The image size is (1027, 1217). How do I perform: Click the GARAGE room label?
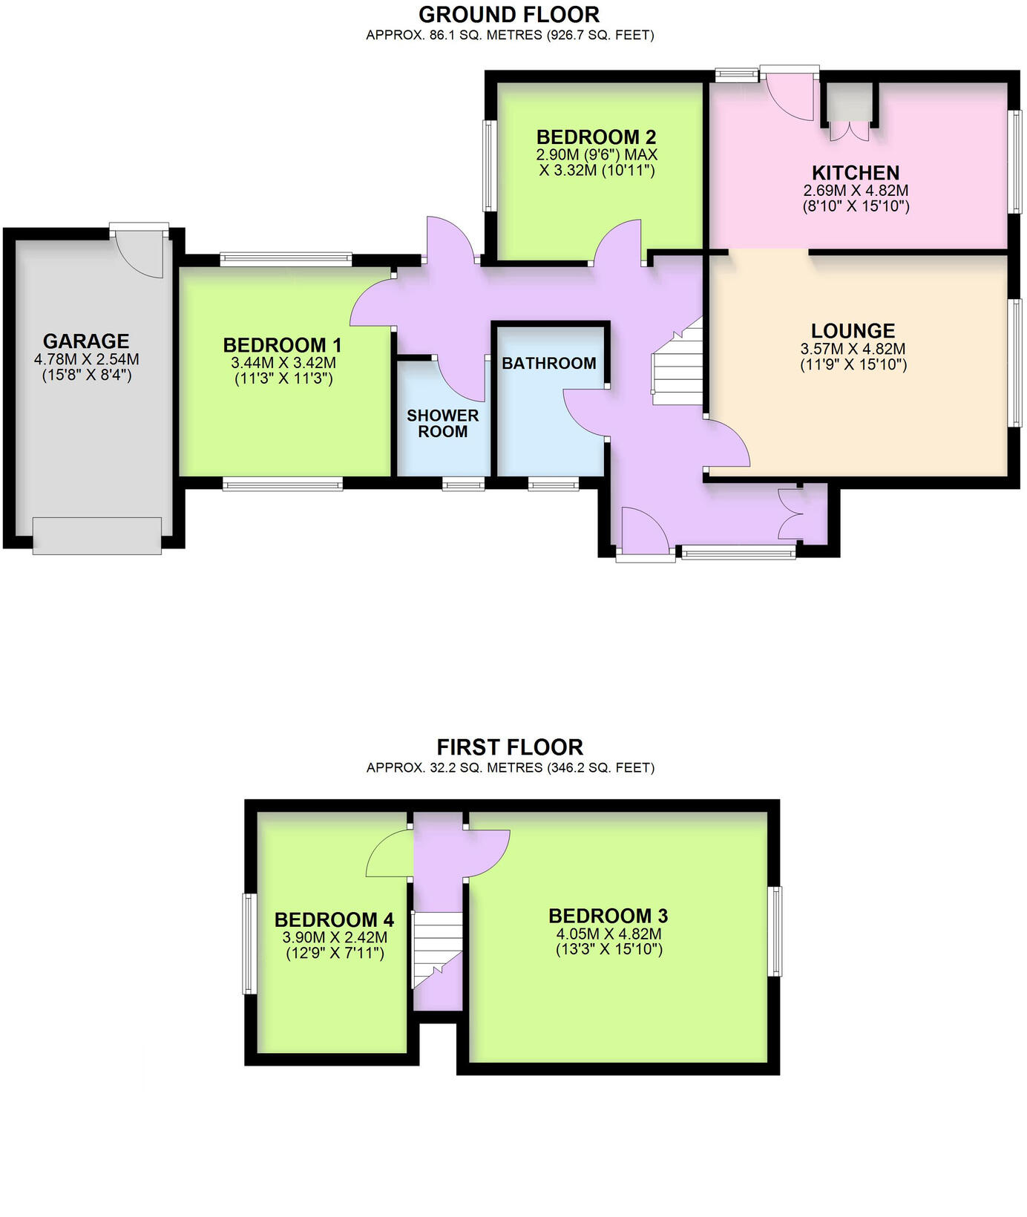click(86, 341)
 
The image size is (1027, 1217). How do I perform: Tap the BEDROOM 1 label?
click(283, 345)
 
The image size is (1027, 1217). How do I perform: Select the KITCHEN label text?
click(856, 173)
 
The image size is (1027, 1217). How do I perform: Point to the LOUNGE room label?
click(853, 331)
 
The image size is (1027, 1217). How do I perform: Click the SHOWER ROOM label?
click(443, 424)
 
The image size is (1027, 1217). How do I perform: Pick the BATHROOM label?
click(549, 364)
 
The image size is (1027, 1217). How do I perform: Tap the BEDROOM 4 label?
click(334, 920)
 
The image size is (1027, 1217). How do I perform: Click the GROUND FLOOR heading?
click(509, 15)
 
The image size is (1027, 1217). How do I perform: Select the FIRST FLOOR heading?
click(510, 747)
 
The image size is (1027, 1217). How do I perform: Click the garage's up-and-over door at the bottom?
click(97, 536)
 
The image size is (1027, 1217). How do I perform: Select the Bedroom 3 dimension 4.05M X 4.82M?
click(608, 934)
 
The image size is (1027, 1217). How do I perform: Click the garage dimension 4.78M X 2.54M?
click(86, 360)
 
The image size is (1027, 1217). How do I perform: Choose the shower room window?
click(464, 485)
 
